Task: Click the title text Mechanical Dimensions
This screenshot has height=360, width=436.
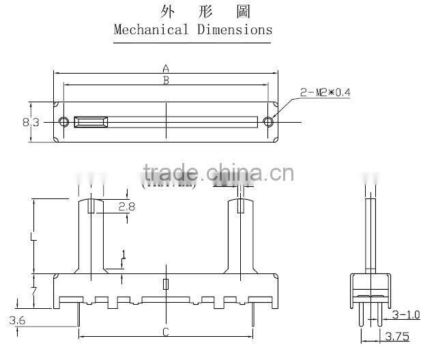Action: click(192, 30)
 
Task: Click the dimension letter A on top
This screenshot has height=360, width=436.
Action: click(165, 68)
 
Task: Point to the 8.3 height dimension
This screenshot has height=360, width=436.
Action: click(30, 122)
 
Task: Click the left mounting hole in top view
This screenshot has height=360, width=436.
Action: click(63, 122)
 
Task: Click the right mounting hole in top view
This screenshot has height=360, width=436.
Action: click(267, 122)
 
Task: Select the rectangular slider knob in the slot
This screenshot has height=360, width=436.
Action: click(91, 122)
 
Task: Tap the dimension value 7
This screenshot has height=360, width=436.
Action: click(33, 292)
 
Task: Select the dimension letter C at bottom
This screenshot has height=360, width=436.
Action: click(165, 332)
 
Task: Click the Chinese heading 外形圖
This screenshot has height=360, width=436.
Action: click(192, 12)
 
